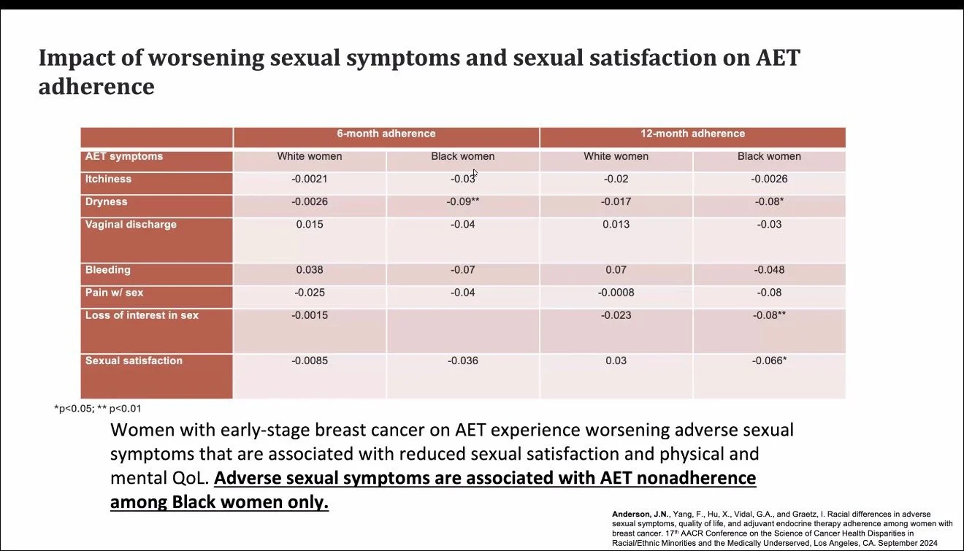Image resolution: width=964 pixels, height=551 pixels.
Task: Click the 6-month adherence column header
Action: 386,134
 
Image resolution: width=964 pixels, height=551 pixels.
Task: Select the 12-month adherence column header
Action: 692,134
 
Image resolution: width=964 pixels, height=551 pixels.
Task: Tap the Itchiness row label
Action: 108,179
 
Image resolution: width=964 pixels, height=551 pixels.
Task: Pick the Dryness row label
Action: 106,201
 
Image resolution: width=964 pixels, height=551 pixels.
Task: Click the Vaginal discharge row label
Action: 131,225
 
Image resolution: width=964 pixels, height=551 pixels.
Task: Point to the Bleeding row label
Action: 107,270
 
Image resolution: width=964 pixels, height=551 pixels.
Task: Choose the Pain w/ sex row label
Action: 114,293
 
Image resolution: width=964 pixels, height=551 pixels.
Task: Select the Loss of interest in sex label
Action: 142,315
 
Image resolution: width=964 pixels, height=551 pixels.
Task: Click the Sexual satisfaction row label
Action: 134,361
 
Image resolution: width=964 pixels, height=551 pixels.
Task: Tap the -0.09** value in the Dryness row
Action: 462,201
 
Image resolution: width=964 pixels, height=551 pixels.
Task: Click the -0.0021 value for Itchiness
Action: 310,179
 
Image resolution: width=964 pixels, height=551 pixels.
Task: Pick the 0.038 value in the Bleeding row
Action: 310,270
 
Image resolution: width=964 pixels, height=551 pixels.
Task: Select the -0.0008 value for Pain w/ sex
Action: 616,293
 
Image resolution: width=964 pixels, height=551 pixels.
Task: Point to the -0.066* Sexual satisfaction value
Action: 769,361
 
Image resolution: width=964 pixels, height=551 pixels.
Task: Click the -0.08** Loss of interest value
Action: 769,315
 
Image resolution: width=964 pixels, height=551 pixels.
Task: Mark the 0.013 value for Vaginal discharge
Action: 616,225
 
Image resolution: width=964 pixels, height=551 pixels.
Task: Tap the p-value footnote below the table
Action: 98,409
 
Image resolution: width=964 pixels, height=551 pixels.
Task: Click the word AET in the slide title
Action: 778,58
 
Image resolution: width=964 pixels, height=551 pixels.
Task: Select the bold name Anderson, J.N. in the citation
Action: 640,514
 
